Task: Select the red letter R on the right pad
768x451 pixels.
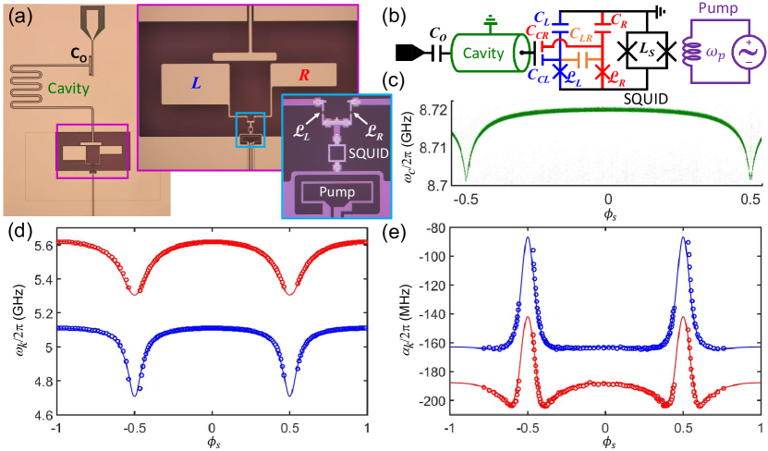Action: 306,75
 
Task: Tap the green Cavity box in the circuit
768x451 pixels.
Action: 485,55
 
